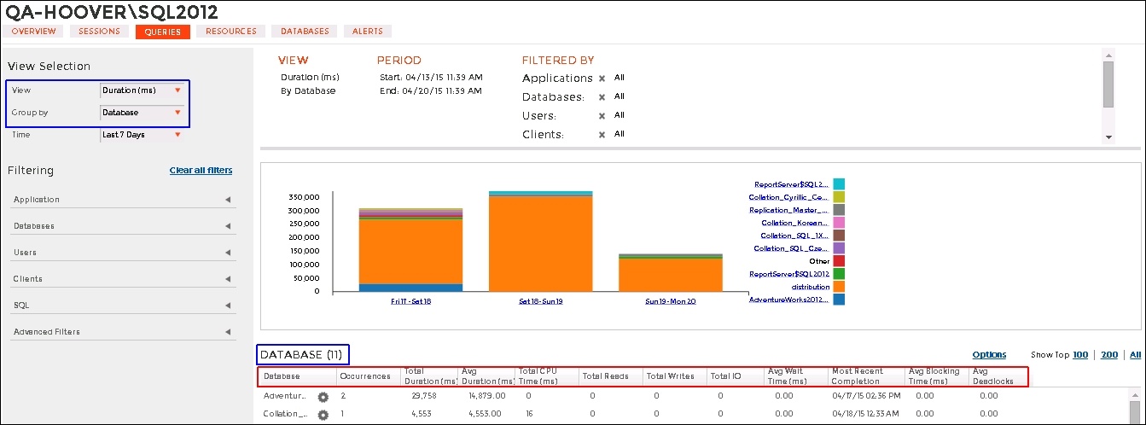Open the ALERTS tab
368,32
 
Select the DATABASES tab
305,32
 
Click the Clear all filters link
201,171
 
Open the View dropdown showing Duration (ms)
142,90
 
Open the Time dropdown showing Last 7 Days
142,135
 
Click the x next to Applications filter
602,79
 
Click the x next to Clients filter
602,135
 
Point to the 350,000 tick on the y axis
305,196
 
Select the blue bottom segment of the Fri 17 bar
410,288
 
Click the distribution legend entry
811,288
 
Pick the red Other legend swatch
839,261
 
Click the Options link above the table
989,355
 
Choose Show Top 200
1108,355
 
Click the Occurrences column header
364,376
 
